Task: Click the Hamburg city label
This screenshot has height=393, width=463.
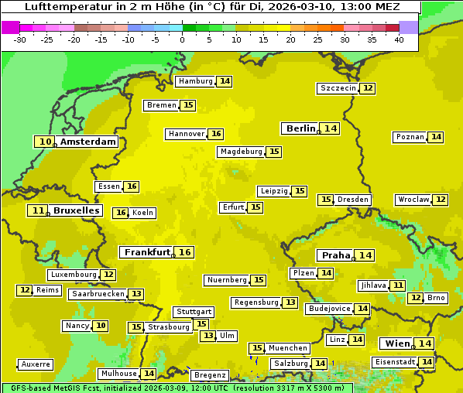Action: [195, 81]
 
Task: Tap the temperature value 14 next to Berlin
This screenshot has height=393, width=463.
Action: [331, 128]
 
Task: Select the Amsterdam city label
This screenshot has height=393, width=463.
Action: [88, 142]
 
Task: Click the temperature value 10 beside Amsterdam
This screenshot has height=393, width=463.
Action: [46, 142]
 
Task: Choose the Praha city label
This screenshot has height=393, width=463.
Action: [336, 255]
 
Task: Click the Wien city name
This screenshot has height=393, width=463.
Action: [396, 343]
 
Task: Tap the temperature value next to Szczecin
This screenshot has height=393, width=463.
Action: [368, 88]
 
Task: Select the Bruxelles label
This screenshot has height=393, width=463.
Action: [76, 210]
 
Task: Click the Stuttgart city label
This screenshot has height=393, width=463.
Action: [193, 312]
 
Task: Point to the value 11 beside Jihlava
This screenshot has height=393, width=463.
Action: [398, 285]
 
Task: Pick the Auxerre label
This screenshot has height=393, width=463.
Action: [36, 364]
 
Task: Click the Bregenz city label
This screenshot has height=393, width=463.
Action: [210, 375]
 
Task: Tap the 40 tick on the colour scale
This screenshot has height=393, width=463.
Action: [399, 39]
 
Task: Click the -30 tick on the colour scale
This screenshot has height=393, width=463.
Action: [19, 39]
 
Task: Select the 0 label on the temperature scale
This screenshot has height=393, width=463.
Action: [182, 39]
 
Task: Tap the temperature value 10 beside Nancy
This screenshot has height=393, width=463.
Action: [101, 326]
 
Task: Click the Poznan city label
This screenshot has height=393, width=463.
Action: [410, 137]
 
